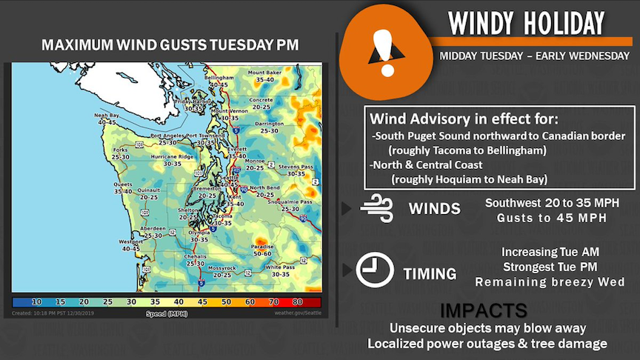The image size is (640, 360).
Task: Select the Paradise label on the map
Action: (262, 247)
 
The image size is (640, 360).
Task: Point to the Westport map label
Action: (130, 241)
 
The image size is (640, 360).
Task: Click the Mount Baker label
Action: (264, 73)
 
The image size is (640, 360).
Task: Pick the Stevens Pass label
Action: (295, 167)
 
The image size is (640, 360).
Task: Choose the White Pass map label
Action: (280, 267)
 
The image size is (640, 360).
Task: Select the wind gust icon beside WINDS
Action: (375, 208)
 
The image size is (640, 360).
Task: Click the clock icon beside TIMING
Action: (375, 270)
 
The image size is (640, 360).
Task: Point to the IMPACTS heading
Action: (484, 310)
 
